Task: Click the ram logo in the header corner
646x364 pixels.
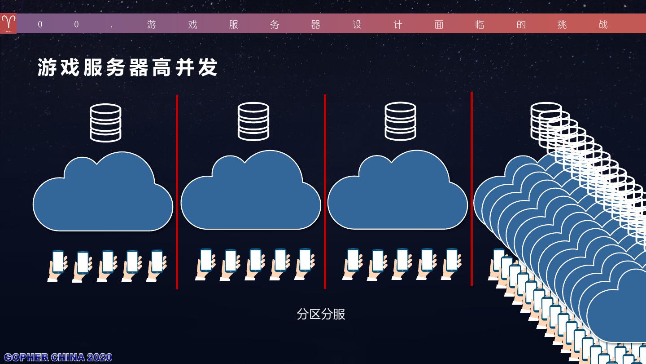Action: [x=9, y=23]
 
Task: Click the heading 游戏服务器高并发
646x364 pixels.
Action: [x=127, y=68]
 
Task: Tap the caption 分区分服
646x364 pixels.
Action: [x=321, y=314]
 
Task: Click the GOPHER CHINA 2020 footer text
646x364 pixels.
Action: [x=58, y=357]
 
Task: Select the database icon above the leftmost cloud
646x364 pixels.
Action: [x=105, y=123]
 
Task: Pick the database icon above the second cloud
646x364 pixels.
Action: [x=253, y=121]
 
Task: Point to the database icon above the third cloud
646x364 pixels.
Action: [x=401, y=121]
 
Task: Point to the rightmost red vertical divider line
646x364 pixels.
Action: [x=471, y=189]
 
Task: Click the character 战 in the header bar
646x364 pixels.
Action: [x=603, y=24]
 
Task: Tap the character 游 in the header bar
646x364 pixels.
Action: [x=152, y=24]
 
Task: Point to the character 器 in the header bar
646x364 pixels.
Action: [x=316, y=24]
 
